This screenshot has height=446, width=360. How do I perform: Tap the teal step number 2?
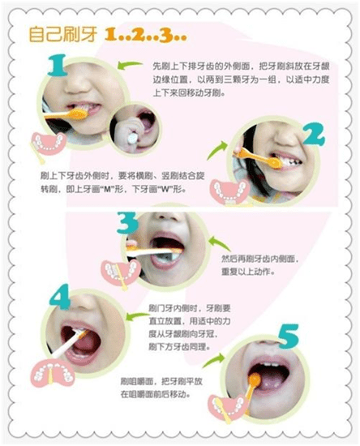[x=314, y=135]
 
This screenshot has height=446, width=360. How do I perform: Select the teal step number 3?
[x=127, y=223]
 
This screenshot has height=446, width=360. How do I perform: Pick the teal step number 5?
[x=289, y=337]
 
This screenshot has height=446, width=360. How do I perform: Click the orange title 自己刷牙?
[x=63, y=35]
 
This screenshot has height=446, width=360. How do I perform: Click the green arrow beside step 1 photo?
[x=130, y=65]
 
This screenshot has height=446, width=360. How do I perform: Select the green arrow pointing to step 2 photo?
[x=216, y=150]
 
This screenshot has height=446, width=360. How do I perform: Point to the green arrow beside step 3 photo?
[x=219, y=243]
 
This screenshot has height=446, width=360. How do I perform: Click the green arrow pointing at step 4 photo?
[x=138, y=316]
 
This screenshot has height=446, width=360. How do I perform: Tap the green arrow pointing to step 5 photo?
[x=213, y=360]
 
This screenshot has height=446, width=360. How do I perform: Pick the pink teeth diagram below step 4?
[x=52, y=373]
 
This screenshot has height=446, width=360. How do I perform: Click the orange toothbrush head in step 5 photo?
[x=255, y=380]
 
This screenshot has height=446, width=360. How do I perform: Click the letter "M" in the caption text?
[x=107, y=190]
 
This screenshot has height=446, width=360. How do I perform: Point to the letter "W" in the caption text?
[x=166, y=190]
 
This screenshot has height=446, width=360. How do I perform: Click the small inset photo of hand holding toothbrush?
[x=135, y=130]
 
